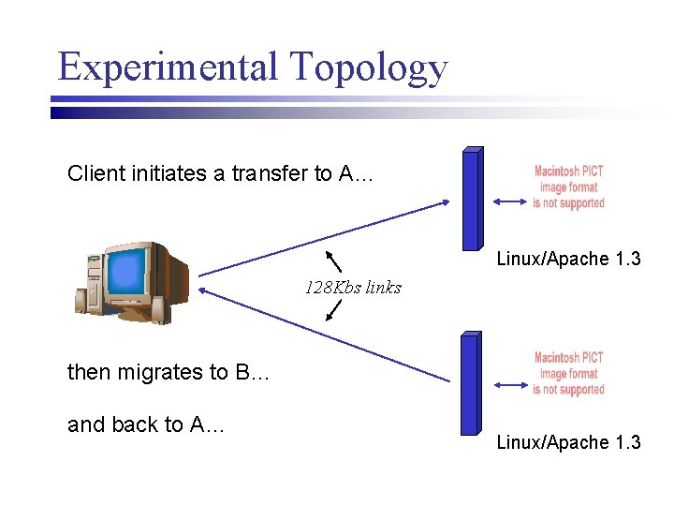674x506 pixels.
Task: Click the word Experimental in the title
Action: [x=168, y=67]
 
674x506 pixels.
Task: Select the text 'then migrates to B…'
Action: [x=168, y=372]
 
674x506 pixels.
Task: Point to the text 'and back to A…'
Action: [x=146, y=424]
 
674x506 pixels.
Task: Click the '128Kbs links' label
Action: [x=353, y=288]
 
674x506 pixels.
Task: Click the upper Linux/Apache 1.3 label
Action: [x=568, y=259]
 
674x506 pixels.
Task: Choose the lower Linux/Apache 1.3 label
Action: [x=568, y=442]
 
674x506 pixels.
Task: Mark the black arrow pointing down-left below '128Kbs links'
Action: [x=333, y=310]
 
